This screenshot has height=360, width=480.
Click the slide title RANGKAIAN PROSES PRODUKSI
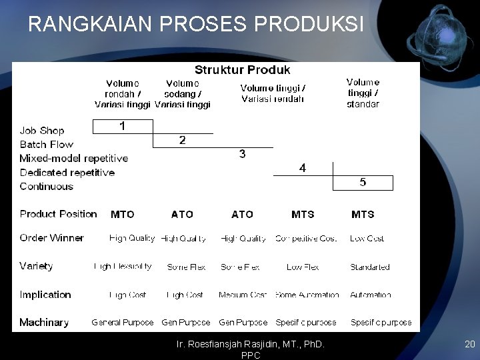tap(196, 25)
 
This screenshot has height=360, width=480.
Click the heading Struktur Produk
tap(242, 69)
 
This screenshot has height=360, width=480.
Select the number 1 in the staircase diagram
tap(122, 126)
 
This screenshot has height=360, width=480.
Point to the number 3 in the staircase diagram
tap(242, 154)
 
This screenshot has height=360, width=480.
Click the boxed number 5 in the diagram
tap(363, 182)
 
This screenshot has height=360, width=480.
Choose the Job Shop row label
tap(42, 131)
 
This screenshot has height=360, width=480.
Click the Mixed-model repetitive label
tap(73, 159)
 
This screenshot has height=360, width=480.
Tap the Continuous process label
tap(46, 187)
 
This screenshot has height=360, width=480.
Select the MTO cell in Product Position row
tap(122, 214)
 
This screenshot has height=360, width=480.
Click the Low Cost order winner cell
tap(367, 239)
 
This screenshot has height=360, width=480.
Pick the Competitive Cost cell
tap(306, 239)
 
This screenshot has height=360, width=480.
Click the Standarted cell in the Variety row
tap(370, 267)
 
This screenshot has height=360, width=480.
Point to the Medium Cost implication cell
tap(243, 295)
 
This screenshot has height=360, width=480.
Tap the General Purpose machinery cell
tap(123, 323)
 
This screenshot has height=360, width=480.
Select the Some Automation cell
tap(307, 295)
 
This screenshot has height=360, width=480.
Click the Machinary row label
tap(44, 323)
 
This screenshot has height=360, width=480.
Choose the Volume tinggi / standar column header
tap(363, 93)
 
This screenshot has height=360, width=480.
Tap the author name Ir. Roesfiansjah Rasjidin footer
tap(250, 345)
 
